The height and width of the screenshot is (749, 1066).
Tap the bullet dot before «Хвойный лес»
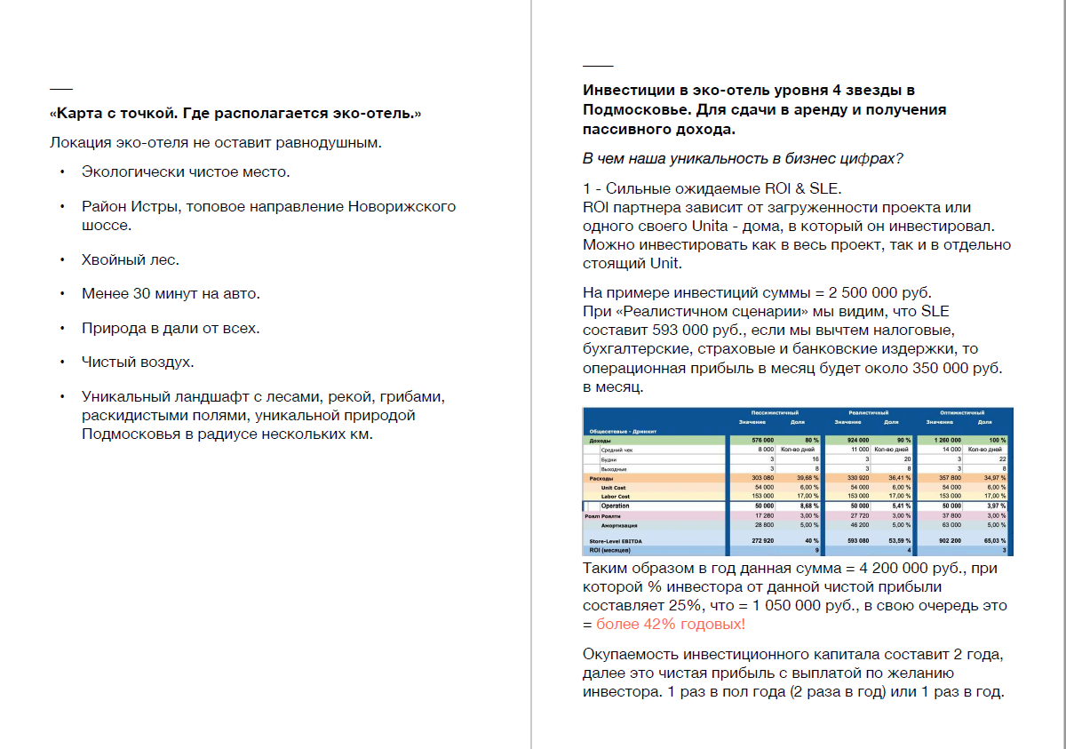(62, 259)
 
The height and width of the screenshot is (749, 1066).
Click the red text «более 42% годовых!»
(671, 625)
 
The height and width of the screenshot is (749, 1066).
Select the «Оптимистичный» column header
(962, 413)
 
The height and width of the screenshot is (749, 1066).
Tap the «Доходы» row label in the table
(601, 441)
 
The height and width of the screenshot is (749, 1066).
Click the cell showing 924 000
(857, 441)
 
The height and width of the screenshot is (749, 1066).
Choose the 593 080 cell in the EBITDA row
(857, 541)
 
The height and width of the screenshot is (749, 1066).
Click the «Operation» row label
(615, 506)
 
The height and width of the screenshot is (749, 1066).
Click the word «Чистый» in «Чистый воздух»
(105, 362)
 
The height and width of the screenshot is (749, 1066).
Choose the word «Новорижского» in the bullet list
(402, 206)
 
